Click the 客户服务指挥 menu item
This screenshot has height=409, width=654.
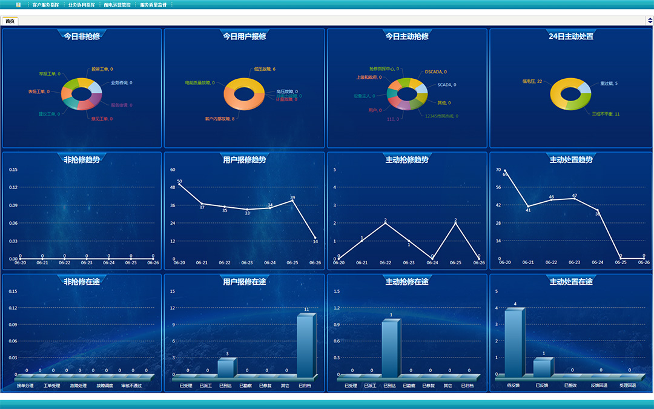click(46, 4)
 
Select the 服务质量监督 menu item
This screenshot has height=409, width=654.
click(153, 4)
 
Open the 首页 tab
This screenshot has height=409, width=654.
click(10, 21)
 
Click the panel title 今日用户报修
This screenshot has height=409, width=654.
click(245, 36)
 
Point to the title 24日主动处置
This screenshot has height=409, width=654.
click(570, 36)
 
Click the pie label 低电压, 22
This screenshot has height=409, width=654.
click(532, 81)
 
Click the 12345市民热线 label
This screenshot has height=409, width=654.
click(441, 116)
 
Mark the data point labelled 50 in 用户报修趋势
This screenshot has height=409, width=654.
click(179, 184)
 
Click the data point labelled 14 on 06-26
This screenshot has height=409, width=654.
click(315, 238)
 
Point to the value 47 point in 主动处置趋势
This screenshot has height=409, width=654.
click(574, 199)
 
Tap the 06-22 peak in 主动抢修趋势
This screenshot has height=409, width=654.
click(385, 223)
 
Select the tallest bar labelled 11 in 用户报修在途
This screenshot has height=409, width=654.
click(305, 345)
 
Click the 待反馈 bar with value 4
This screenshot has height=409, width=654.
click(514, 342)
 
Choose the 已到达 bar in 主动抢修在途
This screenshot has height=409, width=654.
click(390, 348)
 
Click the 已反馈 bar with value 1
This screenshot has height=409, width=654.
click(543, 367)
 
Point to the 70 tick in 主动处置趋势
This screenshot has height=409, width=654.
click(499, 170)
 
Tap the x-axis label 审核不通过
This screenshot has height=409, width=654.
click(131, 386)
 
